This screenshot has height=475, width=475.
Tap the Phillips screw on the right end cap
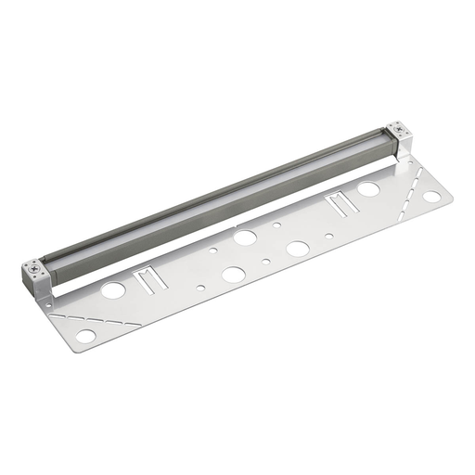point(396,130)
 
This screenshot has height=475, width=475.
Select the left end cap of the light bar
point(38,279)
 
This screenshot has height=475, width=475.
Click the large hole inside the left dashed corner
point(85,336)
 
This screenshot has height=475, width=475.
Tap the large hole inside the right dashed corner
point(432,197)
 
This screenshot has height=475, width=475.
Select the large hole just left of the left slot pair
point(113,290)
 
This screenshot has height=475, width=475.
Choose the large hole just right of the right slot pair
point(368,189)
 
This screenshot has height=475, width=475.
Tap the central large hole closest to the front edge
point(233,275)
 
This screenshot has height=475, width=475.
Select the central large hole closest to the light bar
point(245,237)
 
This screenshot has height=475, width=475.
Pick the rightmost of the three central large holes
point(298,249)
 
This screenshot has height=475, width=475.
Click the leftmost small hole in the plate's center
point(212,250)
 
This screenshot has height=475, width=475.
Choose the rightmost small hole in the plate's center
point(329,236)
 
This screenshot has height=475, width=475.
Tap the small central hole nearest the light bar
point(276,225)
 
